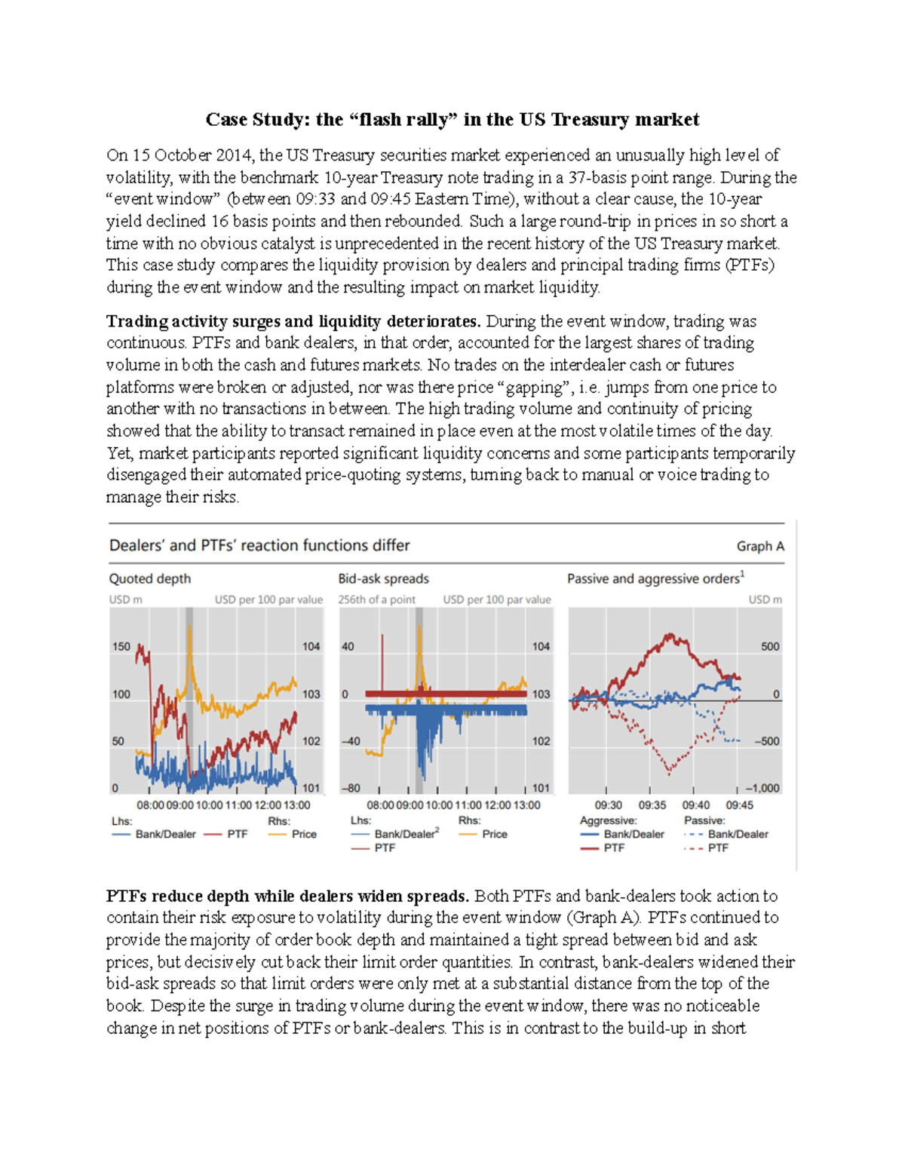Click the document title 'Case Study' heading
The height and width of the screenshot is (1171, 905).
pyautogui.click(x=452, y=120)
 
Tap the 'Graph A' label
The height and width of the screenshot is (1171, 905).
pyautogui.click(x=759, y=546)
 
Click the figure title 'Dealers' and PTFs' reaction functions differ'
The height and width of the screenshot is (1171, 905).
pyautogui.click(x=259, y=545)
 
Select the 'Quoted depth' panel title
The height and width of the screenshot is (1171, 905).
pyautogui.click(x=150, y=578)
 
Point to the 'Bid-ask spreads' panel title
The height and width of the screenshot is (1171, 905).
pyautogui.click(x=383, y=578)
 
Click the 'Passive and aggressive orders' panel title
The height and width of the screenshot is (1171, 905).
pyautogui.click(x=655, y=578)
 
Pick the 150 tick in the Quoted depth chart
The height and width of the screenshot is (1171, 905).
pyautogui.click(x=121, y=646)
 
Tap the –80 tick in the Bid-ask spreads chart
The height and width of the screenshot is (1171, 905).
pyautogui.click(x=350, y=788)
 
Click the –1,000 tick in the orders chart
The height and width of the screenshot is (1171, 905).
pyautogui.click(x=762, y=788)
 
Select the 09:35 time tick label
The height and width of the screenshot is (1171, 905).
pyautogui.click(x=652, y=805)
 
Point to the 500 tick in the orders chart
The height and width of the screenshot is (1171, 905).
pyautogui.click(x=770, y=646)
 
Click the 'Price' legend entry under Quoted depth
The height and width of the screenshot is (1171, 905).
pyautogui.click(x=304, y=834)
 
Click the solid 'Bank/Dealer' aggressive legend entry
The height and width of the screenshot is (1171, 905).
pyautogui.click(x=633, y=834)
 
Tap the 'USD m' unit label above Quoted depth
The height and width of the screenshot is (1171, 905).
pyautogui.click(x=125, y=599)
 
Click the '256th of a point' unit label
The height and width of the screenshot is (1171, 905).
pyautogui.click(x=376, y=599)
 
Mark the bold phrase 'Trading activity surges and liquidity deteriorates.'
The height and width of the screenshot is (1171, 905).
pyautogui.click(x=293, y=321)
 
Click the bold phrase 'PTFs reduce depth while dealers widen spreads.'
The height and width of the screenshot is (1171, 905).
pyautogui.click(x=287, y=896)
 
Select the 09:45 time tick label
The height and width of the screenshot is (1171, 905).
pyautogui.click(x=739, y=805)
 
